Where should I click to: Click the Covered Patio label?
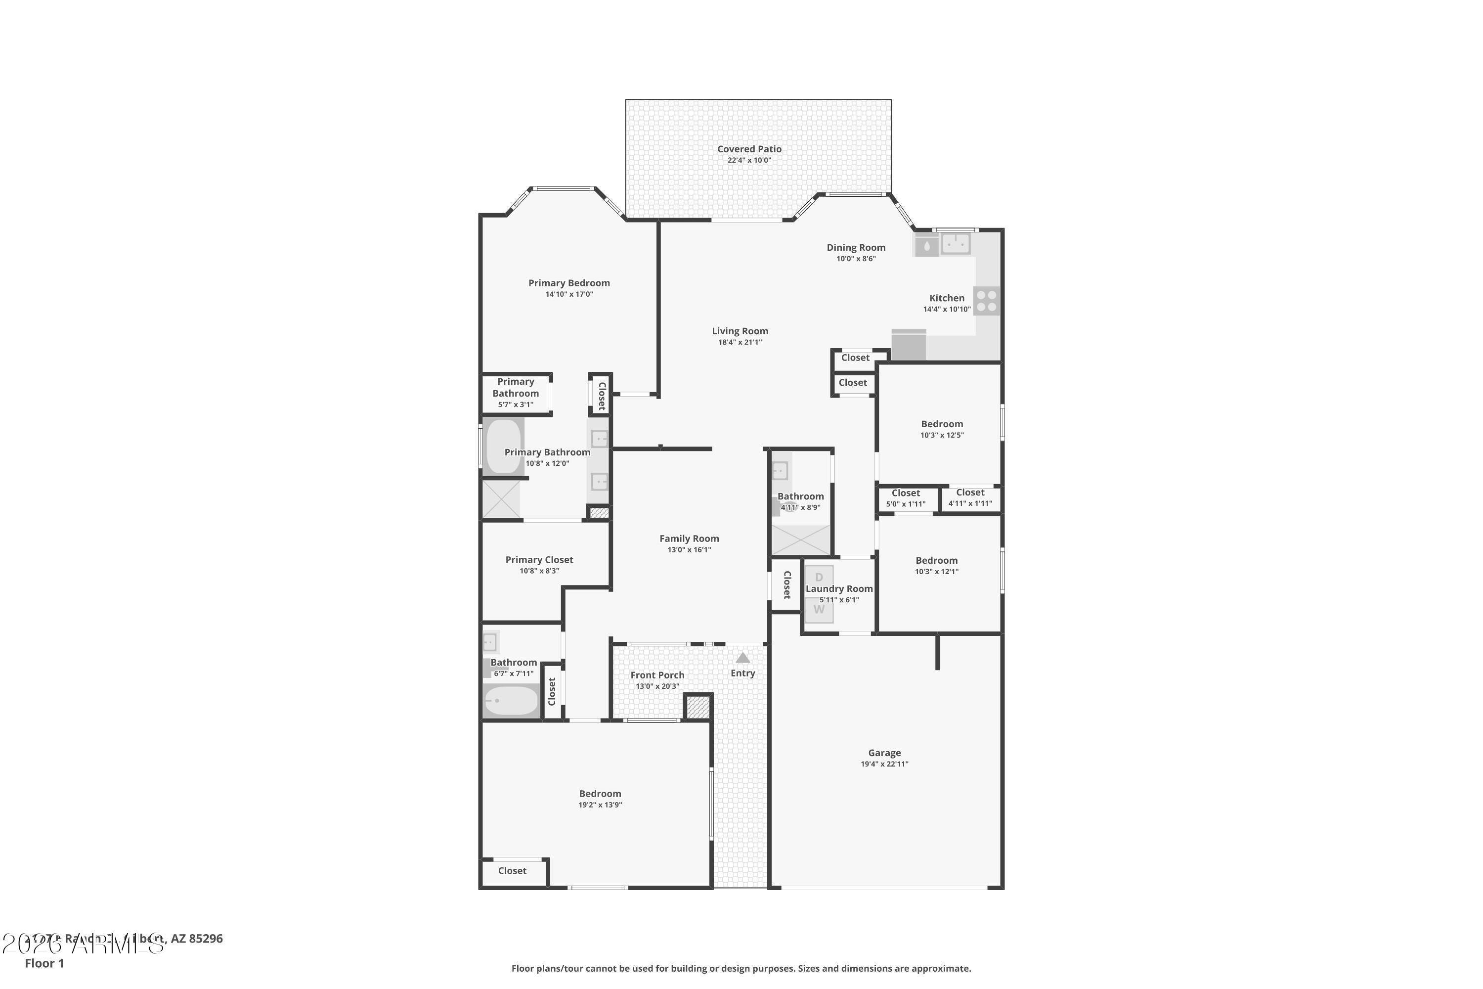point(749,149)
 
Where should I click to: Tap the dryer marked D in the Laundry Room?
point(819,577)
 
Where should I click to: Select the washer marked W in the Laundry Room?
point(819,610)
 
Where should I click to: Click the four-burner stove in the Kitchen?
point(986,301)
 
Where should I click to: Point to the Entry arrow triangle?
point(743,658)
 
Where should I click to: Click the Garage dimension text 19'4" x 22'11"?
point(884,764)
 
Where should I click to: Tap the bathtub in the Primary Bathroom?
point(503,446)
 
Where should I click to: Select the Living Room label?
point(740,331)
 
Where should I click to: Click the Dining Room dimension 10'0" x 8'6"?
point(856,259)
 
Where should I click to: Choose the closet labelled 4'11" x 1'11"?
point(970,497)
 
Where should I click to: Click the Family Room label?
point(689,539)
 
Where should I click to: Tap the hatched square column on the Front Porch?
point(698,707)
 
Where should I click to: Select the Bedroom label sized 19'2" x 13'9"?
point(600,794)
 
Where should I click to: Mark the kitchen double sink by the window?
point(955,243)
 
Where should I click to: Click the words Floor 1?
point(44,963)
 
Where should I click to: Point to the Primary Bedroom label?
point(569,283)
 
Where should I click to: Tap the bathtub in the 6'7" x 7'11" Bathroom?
point(511,701)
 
